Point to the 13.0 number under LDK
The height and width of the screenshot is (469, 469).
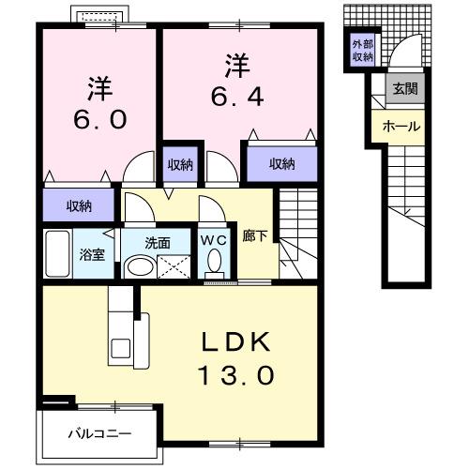click(236, 376)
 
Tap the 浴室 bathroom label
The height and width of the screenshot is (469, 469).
click(90, 253)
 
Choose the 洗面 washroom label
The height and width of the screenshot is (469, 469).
click(157, 242)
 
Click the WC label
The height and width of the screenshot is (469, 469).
click(215, 238)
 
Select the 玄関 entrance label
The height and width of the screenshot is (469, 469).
click(405, 90)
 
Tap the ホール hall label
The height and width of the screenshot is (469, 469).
click(401, 127)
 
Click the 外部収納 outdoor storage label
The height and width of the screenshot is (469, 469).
click(362, 51)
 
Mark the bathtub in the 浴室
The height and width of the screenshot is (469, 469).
click(58, 252)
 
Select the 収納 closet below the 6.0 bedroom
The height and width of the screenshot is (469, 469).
click(79, 205)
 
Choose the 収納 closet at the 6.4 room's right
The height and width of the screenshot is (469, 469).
click(280, 164)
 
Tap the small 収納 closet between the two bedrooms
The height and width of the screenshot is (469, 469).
click(180, 164)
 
